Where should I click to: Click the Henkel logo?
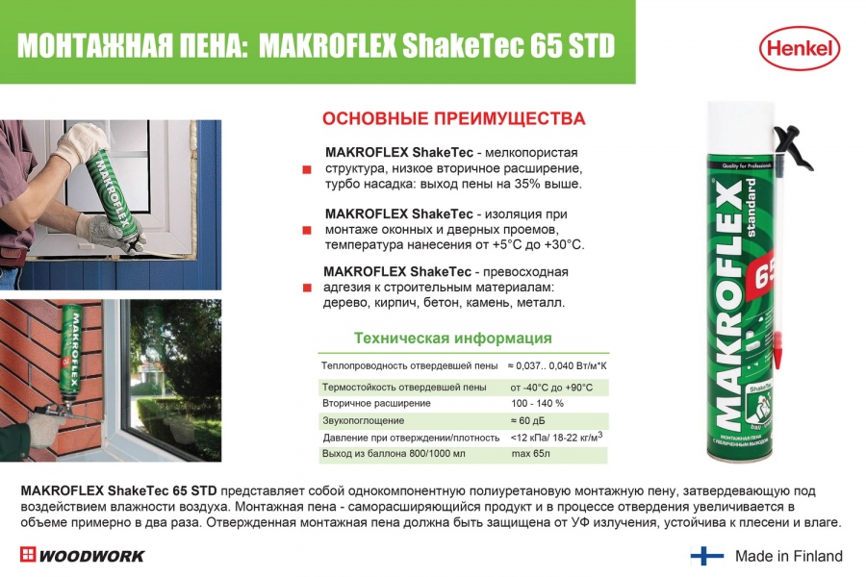click(800, 49)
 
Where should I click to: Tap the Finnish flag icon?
click(707, 556)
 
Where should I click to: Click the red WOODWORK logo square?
click(28, 554)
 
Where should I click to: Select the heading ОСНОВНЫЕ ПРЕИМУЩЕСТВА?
click(453, 118)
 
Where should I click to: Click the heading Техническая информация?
click(453, 338)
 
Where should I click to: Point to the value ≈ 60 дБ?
click(527, 421)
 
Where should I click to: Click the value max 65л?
click(530, 454)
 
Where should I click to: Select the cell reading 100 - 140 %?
click(537, 404)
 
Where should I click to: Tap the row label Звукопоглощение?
click(364, 421)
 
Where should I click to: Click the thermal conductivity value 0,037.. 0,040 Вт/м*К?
click(557, 365)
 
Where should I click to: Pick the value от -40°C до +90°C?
click(551, 387)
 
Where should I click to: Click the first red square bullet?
click(307, 169)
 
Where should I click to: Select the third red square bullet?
click(307, 288)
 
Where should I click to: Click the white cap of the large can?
click(741, 126)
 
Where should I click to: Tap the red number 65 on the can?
click(764, 274)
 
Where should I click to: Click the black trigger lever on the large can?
click(795, 147)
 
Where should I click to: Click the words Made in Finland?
click(789, 556)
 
